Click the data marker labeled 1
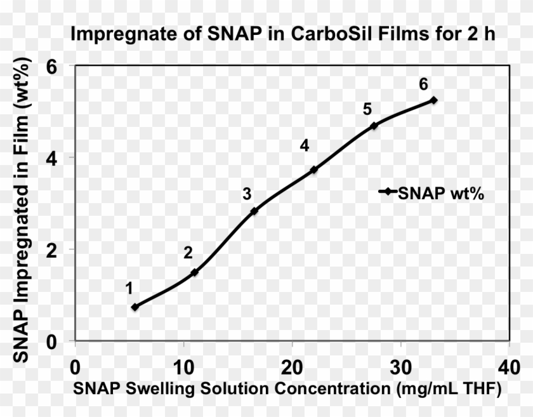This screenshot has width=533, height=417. click(x=135, y=307)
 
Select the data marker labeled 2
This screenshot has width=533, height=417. click(x=195, y=272)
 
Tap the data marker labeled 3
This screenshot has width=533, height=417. click(x=254, y=211)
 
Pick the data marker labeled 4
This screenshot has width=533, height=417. click(x=313, y=169)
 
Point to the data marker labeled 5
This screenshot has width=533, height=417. click(x=374, y=126)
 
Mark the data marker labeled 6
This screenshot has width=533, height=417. click(x=434, y=100)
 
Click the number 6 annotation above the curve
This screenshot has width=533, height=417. click(x=423, y=84)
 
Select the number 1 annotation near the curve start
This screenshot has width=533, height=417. click(x=129, y=289)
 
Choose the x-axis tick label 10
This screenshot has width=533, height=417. click(x=183, y=368)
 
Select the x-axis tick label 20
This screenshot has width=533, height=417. click(x=292, y=368)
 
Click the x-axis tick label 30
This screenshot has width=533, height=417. click(x=400, y=368)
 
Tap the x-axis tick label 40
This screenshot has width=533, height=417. click(x=509, y=368)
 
